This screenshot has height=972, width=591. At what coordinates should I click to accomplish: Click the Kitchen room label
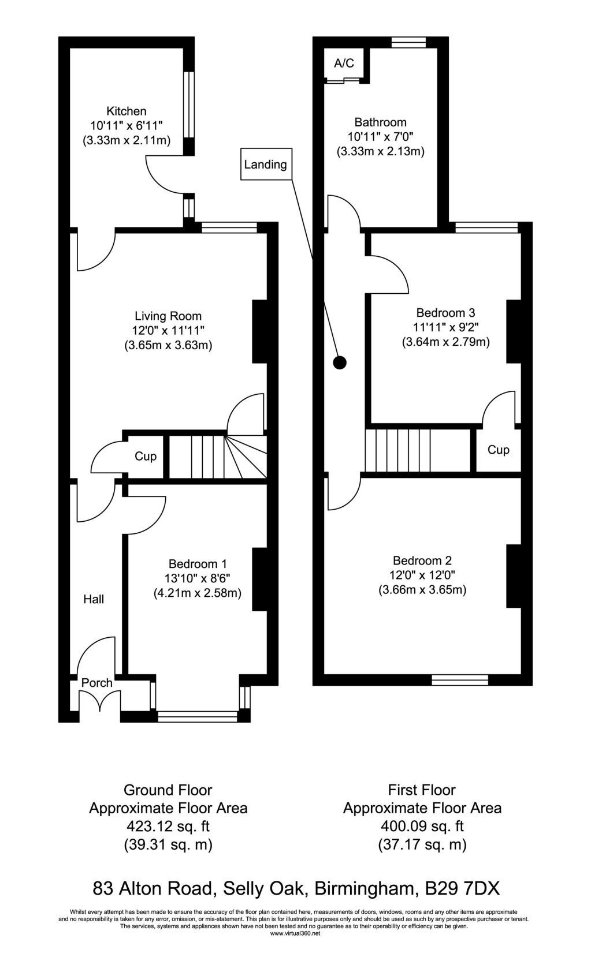coord(127,111)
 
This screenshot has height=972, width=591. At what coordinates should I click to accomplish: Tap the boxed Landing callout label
coord(266,164)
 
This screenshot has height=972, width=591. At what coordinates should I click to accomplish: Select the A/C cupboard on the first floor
coord(344,63)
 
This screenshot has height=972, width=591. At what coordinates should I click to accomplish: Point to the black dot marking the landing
coord(340,362)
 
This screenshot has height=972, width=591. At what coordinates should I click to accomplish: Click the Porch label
coord(96,683)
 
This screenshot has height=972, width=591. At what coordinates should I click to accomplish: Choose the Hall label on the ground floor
coord(94,599)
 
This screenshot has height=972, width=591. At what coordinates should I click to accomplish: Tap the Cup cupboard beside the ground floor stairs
coord(146,456)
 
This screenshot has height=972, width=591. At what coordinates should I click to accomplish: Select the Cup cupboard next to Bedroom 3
coord(498,450)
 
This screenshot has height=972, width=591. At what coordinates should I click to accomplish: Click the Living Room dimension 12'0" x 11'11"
coord(168,331)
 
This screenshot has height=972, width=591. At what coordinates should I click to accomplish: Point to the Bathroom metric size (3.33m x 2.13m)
coord(380,151)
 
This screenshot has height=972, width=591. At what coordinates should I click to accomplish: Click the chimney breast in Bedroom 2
coord(513,576)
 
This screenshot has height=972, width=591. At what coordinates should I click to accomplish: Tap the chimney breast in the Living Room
coord(259,331)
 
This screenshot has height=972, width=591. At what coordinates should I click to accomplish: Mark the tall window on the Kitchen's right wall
coord(188,104)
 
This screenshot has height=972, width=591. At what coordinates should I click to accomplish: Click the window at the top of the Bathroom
coord(408,42)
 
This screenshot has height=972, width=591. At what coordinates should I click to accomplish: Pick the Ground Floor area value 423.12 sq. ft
coord(168,826)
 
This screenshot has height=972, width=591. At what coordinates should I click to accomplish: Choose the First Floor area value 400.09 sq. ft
coord(422,826)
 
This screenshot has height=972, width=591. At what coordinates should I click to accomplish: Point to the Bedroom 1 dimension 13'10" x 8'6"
coord(196,578)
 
